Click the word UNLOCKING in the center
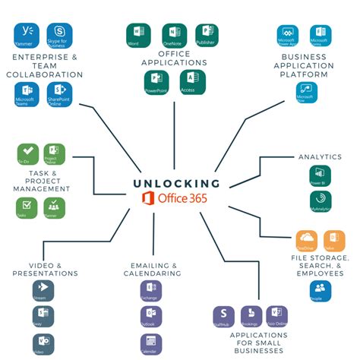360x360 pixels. coord(176,183)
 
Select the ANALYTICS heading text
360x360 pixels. coord(321,156)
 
